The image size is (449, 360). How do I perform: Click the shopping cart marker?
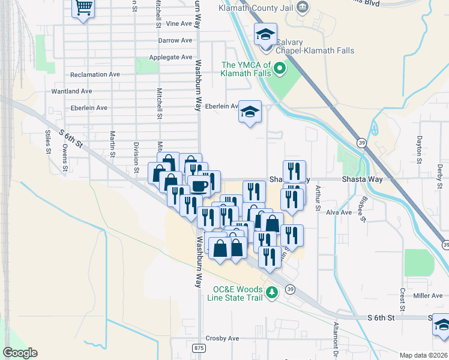coord(83,8)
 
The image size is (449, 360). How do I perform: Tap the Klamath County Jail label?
coord(261,8)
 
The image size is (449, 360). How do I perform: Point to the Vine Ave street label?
coord(178,24)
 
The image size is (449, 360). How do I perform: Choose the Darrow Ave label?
coord(175,41)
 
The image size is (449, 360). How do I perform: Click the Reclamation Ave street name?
coord(95,75)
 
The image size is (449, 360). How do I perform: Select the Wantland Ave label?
coord(71,91)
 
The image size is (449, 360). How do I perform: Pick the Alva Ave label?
coord(339,212)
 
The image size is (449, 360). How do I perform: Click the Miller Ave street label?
coord(428,296)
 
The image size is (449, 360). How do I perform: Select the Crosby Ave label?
coord(222,338)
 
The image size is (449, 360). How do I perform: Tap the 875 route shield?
coord(199,348)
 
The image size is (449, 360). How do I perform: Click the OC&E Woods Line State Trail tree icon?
coord(273,292)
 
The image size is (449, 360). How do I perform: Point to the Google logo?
coord(20,353)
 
